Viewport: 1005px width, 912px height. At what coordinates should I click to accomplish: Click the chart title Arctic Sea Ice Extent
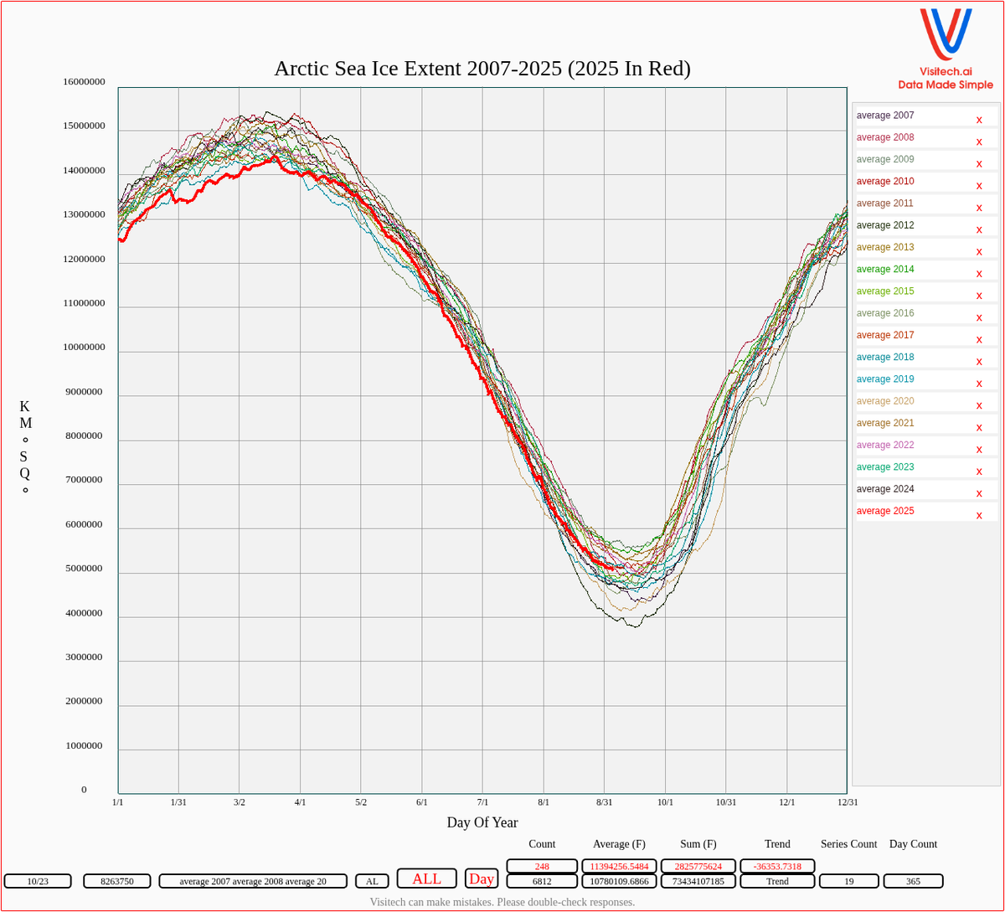click(482, 69)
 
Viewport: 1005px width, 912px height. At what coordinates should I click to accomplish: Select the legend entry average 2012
click(885, 225)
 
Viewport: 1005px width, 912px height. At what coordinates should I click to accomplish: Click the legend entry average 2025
click(885, 511)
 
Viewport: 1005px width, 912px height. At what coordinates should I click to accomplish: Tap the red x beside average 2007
click(979, 120)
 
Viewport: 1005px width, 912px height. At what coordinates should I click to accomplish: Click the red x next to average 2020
click(979, 405)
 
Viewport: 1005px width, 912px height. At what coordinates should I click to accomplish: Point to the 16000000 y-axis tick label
click(84, 82)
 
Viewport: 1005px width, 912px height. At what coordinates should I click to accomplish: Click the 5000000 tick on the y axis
click(84, 569)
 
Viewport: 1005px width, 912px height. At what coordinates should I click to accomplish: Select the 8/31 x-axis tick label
click(604, 802)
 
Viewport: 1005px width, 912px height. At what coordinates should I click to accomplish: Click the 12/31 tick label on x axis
click(848, 802)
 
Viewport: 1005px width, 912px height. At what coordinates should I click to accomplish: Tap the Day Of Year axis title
click(482, 822)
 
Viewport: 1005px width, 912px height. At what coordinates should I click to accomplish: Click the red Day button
click(482, 879)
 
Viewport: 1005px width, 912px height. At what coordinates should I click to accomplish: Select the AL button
click(372, 881)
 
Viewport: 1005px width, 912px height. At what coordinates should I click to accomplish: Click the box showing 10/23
click(38, 881)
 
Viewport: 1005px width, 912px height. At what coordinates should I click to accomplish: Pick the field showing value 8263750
click(117, 881)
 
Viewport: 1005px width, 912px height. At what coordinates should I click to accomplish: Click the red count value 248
click(542, 866)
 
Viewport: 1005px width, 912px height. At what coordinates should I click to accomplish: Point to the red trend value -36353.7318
click(777, 866)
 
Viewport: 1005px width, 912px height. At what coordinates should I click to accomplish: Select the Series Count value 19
click(848, 881)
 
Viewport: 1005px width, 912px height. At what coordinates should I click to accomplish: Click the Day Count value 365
click(913, 881)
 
